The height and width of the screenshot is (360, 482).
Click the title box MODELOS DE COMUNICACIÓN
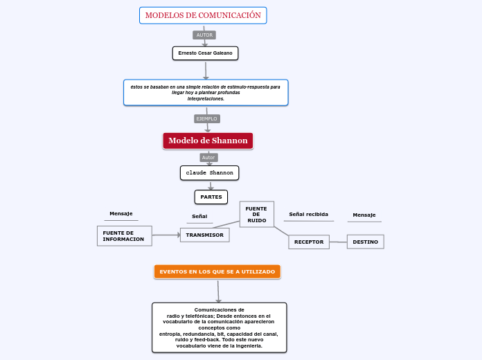point(203,15)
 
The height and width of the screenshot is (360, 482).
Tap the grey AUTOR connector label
point(204,35)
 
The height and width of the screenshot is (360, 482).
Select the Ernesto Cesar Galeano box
point(205,53)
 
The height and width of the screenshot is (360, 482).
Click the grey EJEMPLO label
point(206,118)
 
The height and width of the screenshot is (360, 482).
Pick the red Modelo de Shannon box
point(208,141)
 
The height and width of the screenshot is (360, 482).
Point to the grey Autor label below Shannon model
point(208,157)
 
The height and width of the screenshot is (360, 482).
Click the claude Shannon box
point(210,172)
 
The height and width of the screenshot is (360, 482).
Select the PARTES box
point(211,197)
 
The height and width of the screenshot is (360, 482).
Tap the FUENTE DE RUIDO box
point(256,214)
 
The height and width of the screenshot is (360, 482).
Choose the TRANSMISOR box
point(205,235)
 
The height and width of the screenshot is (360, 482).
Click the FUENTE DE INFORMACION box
point(124,235)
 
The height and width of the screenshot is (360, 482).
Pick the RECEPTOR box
point(309,242)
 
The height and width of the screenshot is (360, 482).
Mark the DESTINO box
point(365,242)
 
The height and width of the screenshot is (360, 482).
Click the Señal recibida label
point(308,215)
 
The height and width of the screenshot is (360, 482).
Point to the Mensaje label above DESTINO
point(364,215)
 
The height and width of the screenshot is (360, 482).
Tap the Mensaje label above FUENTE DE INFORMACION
point(121,213)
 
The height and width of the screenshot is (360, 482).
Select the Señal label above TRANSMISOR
point(199,217)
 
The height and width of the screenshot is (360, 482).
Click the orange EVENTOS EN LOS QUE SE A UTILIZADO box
point(217,271)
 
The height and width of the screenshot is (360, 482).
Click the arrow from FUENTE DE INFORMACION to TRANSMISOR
point(166,235)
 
